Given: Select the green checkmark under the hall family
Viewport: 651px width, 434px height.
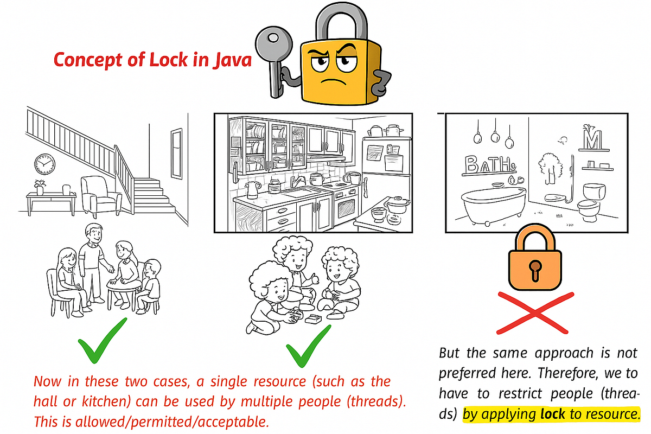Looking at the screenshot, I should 103,342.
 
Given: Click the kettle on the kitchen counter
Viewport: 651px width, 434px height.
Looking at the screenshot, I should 251,190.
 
